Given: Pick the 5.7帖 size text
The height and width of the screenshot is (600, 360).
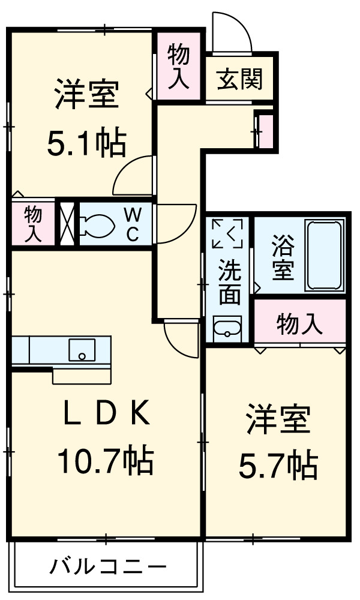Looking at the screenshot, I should (x=278, y=464).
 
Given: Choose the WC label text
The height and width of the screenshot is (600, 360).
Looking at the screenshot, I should (x=133, y=224).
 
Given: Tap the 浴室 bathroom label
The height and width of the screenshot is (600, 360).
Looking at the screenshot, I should (x=283, y=259).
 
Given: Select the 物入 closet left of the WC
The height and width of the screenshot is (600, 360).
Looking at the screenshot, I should (x=33, y=224).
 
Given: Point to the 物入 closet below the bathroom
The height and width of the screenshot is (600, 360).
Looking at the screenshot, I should (x=299, y=325).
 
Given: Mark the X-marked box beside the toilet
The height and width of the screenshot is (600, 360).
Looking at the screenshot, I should (x=67, y=224).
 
